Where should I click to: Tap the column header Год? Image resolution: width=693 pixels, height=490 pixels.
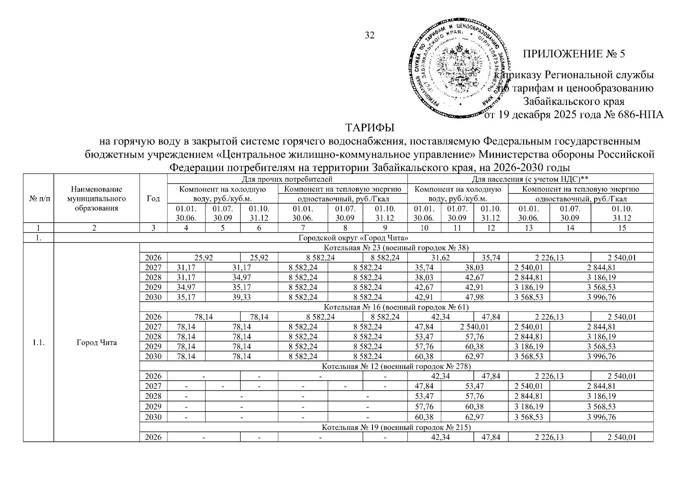(x=153, y=199)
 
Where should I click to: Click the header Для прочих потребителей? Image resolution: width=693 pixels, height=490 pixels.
(x=287, y=179)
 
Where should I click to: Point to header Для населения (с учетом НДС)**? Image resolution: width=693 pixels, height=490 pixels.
(x=530, y=179)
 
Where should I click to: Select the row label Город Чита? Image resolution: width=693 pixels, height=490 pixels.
(x=96, y=343)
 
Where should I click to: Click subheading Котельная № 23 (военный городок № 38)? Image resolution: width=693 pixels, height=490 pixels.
(x=396, y=248)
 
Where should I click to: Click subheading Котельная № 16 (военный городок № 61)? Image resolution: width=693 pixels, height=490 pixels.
(x=396, y=307)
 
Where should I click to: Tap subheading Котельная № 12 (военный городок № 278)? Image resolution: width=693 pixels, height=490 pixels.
(x=396, y=366)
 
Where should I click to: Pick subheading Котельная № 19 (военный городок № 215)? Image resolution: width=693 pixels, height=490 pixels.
(x=396, y=428)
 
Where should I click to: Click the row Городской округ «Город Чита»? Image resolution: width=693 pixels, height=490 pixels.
(x=353, y=238)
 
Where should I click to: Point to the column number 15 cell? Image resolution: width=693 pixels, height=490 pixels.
(x=622, y=228)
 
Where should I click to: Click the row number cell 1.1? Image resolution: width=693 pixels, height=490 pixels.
(x=38, y=343)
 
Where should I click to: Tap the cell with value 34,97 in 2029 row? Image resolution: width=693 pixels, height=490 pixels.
(x=186, y=287)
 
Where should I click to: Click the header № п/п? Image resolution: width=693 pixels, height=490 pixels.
(x=38, y=199)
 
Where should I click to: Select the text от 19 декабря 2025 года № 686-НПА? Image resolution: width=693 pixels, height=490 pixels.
(x=573, y=115)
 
